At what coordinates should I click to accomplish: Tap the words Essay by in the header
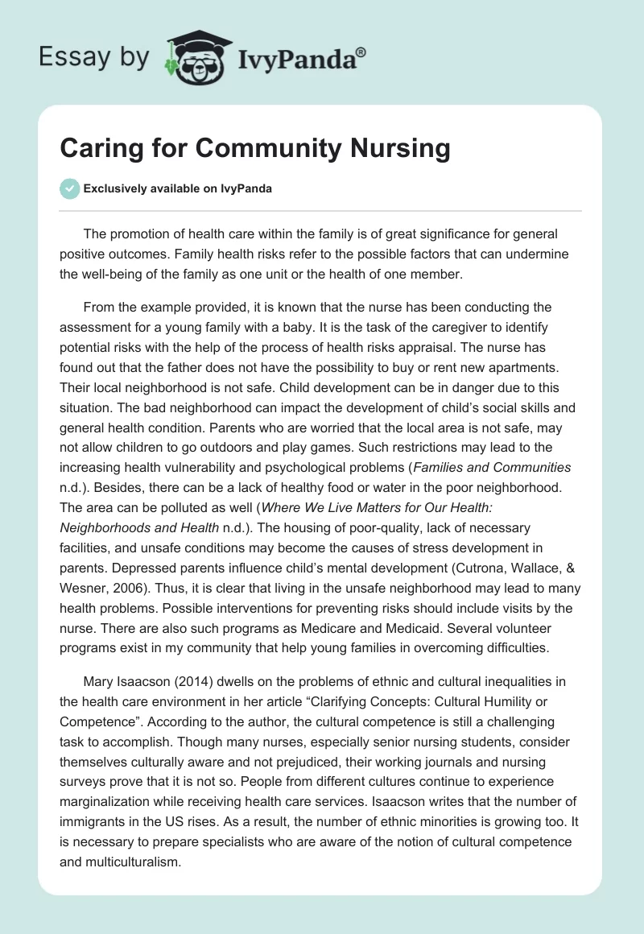pos(94,57)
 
